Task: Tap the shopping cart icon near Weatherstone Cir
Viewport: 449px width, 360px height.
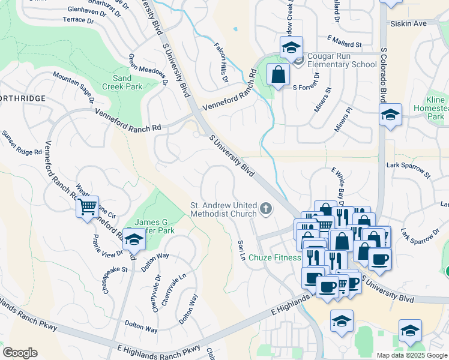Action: coord(88,207)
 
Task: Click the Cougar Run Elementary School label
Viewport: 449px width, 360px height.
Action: coord(342,60)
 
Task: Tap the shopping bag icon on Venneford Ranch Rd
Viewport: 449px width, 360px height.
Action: coord(278,76)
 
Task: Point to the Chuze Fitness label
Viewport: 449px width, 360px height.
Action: coord(279,258)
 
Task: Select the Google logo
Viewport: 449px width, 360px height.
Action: coord(20,353)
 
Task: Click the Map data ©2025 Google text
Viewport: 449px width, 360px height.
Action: coord(412,355)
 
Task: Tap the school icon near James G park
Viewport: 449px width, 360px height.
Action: coord(134,240)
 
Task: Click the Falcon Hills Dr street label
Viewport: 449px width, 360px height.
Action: coord(221,62)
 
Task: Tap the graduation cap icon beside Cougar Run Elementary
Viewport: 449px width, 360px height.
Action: coord(291,47)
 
